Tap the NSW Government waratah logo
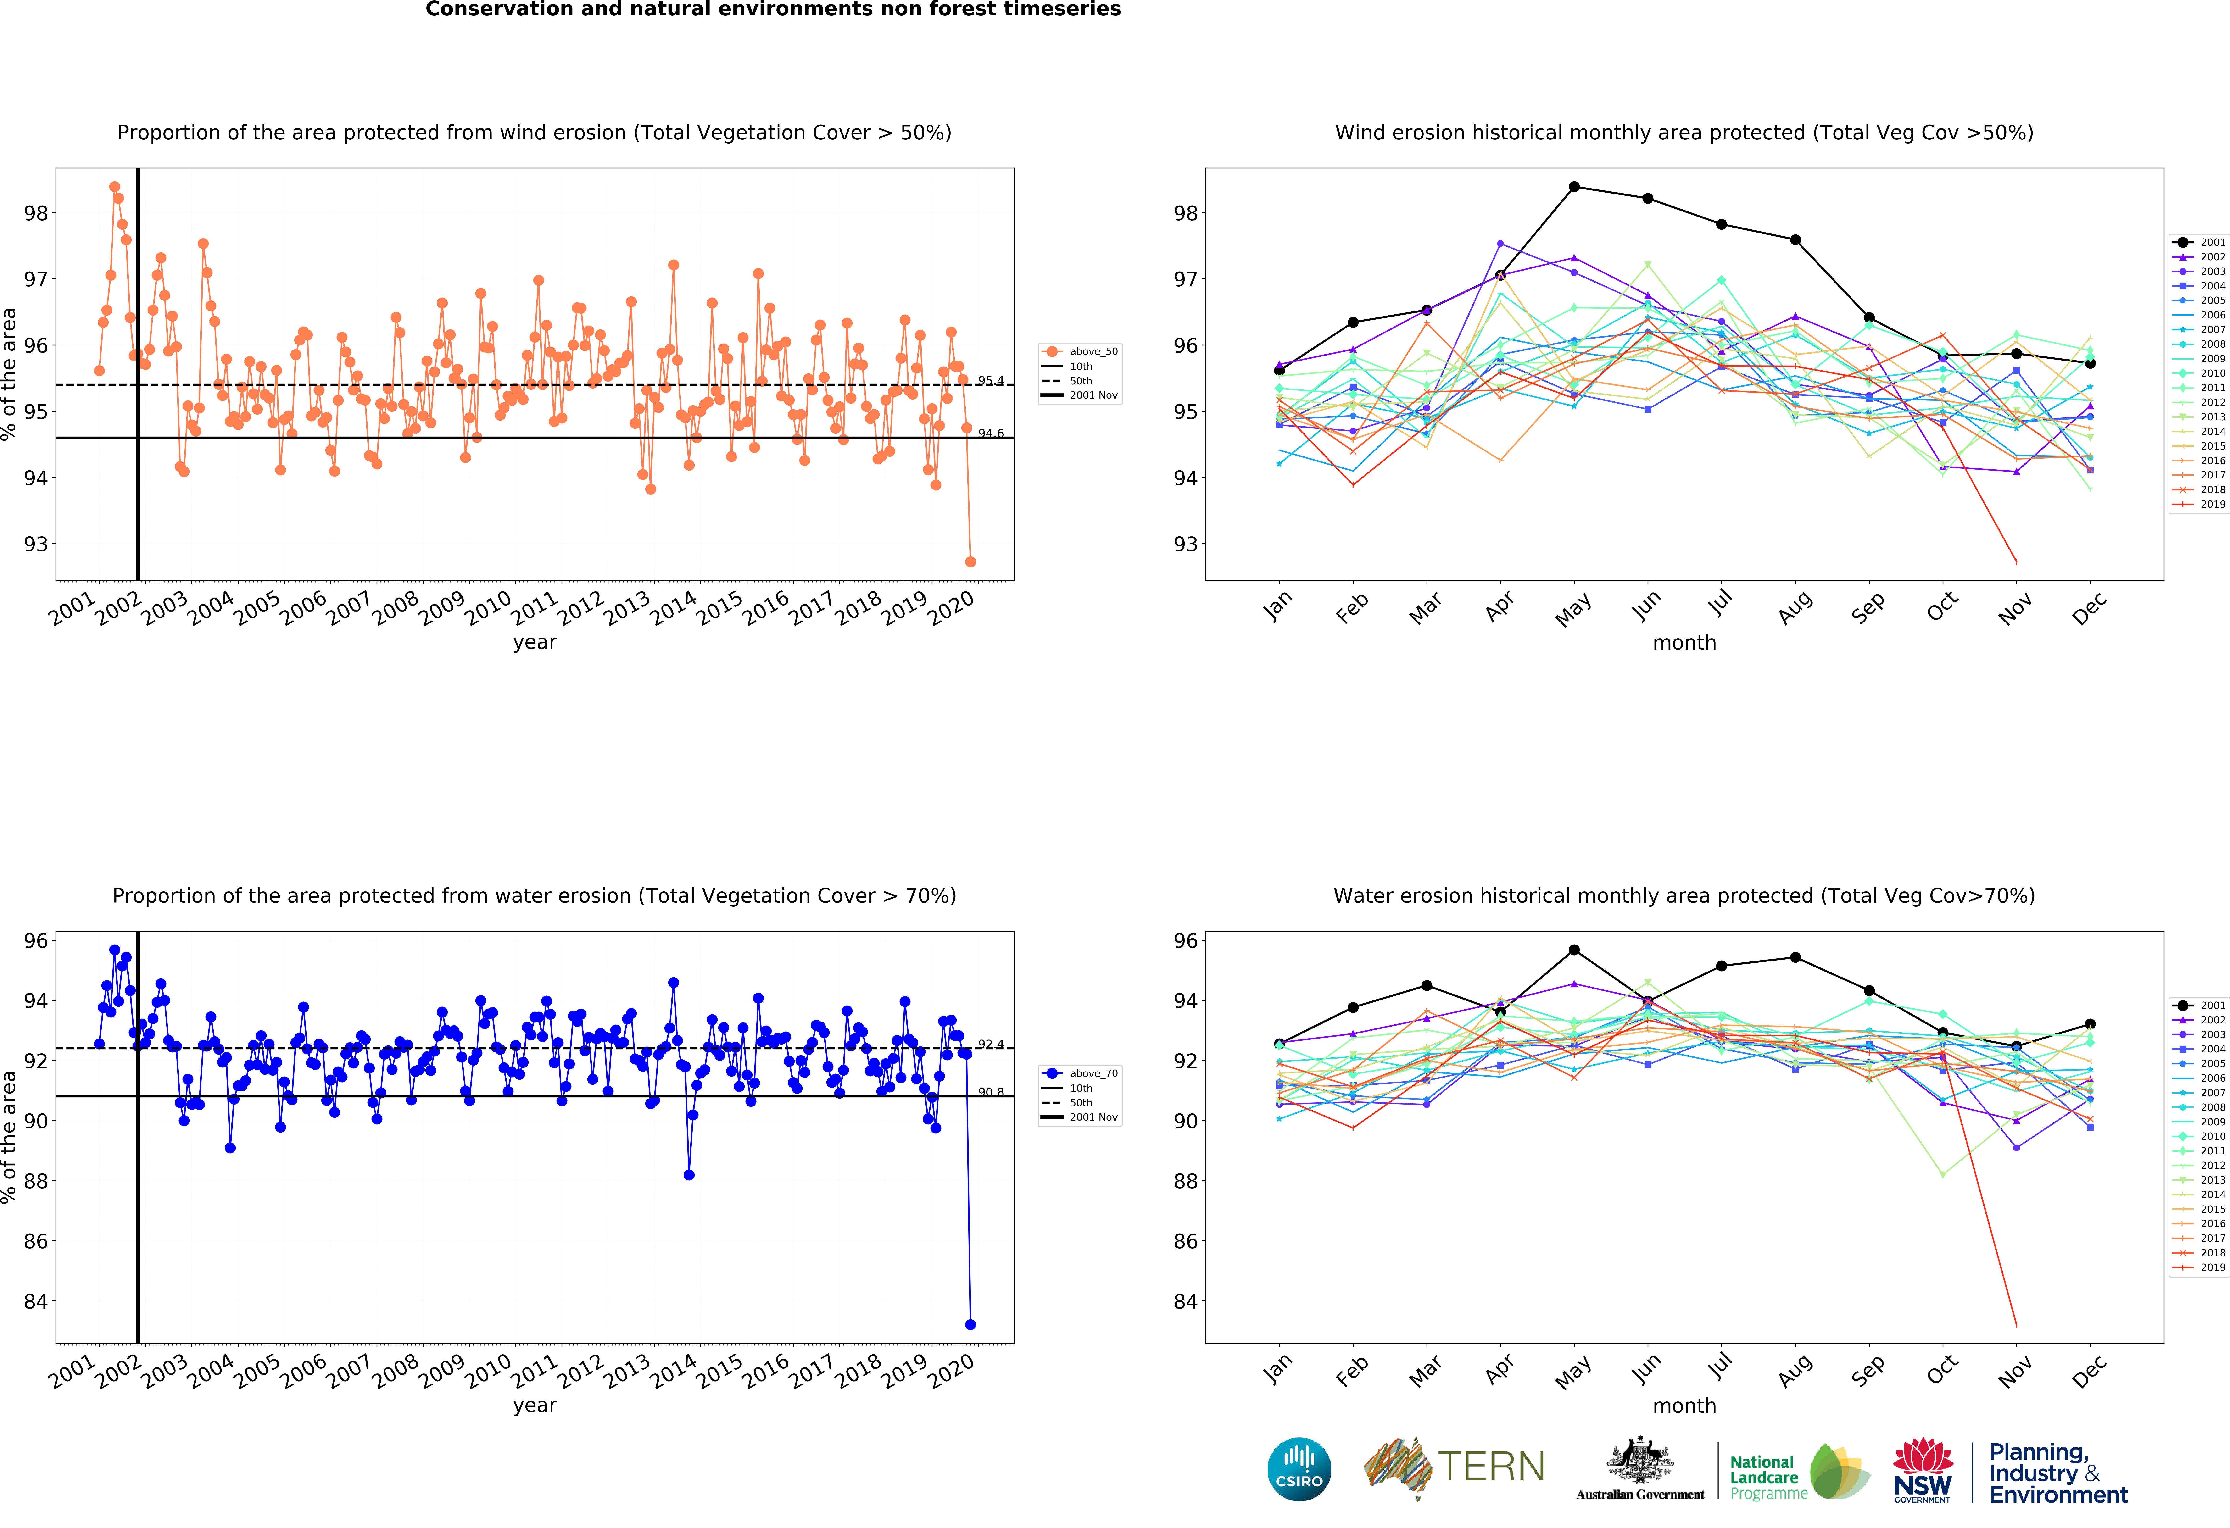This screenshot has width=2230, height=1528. click(1922, 1469)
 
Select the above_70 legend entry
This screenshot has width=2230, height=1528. click(1082, 1073)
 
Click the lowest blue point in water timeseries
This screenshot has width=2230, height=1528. click(970, 1325)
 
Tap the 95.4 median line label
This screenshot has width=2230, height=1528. click(990, 381)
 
